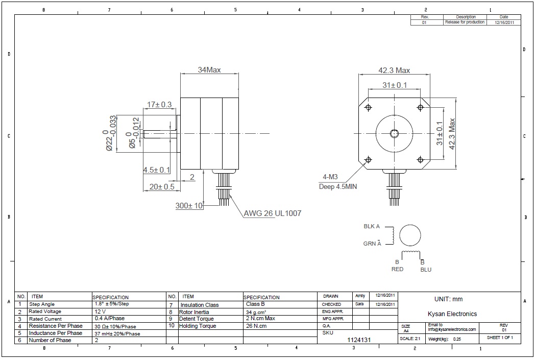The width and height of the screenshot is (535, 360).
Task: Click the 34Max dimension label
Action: coord(209,70)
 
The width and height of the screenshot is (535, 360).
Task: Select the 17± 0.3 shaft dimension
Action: coord(159,105)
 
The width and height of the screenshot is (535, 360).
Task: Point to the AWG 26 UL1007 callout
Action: coord(272,213)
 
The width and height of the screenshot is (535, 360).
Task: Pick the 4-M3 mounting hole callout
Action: coord(330,177)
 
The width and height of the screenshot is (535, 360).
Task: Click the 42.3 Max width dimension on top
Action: coord(394,70)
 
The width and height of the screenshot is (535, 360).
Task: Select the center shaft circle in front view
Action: coord(395,134)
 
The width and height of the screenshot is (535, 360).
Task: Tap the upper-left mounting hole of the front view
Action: coord(368,107)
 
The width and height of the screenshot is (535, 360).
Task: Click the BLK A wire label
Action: coord(372,226)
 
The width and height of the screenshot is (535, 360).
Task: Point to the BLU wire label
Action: coord(426,270)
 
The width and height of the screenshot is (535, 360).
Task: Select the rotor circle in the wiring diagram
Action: coord(410,236)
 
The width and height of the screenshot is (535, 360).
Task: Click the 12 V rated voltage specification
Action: coord(100,311)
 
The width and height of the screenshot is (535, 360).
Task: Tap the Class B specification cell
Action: coord(255,304)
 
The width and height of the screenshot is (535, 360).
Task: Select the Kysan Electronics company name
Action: coord(452,314)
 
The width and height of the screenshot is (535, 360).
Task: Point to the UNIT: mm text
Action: coord(448,299)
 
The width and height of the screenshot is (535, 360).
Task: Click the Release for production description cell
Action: coord(465,22)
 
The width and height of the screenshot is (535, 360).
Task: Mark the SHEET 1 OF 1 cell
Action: coord(500,338)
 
